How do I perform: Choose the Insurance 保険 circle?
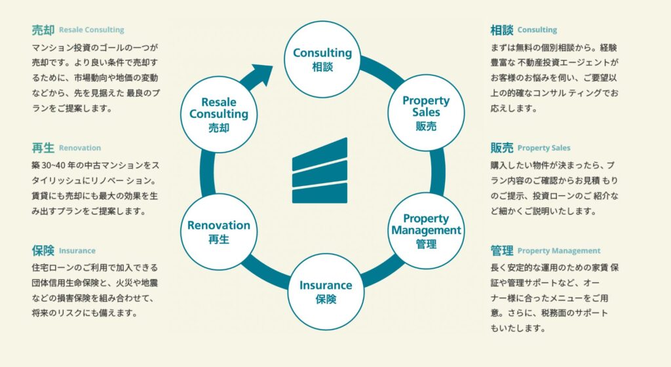[326, 291]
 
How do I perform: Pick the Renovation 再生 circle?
[219, 231]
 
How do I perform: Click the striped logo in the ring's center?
[320, 170]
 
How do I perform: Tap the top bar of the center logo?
[320, 152]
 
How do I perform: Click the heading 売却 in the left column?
[43, 30]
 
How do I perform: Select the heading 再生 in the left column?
[43, 148]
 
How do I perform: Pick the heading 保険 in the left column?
[43, 250]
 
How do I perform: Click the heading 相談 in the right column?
[501, 30]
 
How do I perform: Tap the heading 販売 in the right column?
[501, 148]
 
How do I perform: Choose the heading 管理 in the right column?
[501, 250]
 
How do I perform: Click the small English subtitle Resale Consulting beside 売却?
[91, 30]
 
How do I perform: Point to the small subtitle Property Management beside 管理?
[559, 251]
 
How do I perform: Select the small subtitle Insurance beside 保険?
[77, 251]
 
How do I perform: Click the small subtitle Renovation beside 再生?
[80, 148]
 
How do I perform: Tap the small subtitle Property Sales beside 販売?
[544, 148]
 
